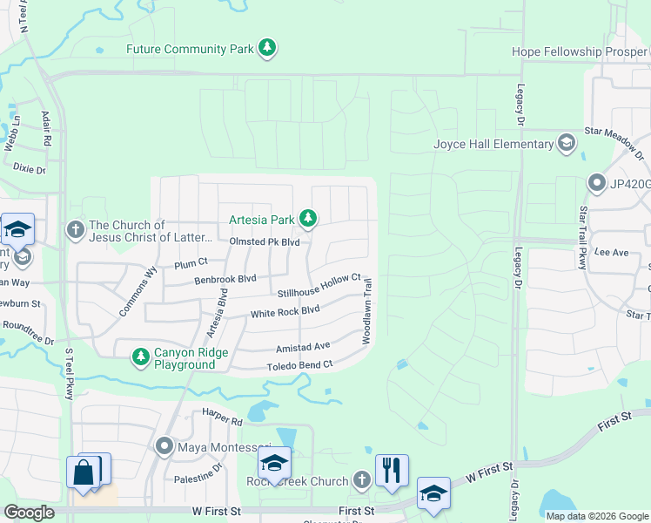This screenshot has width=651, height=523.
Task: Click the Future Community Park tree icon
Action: (x=269, y=48)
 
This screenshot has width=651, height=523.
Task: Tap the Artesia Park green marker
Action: (x=307, y=217)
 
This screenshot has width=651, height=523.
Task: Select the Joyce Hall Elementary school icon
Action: (x=567, y=143)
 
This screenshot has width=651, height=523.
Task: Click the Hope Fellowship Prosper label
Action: (x=581, y=51)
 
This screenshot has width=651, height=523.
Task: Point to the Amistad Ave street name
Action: (x=303, y=346)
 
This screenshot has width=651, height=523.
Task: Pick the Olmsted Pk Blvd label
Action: (x=265, y=241)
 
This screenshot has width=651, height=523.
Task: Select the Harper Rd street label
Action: (x=221, y=418)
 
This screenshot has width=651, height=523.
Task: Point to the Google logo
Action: (x=30, y=513)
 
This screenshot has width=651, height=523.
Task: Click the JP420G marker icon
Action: (x=597, y=183)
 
